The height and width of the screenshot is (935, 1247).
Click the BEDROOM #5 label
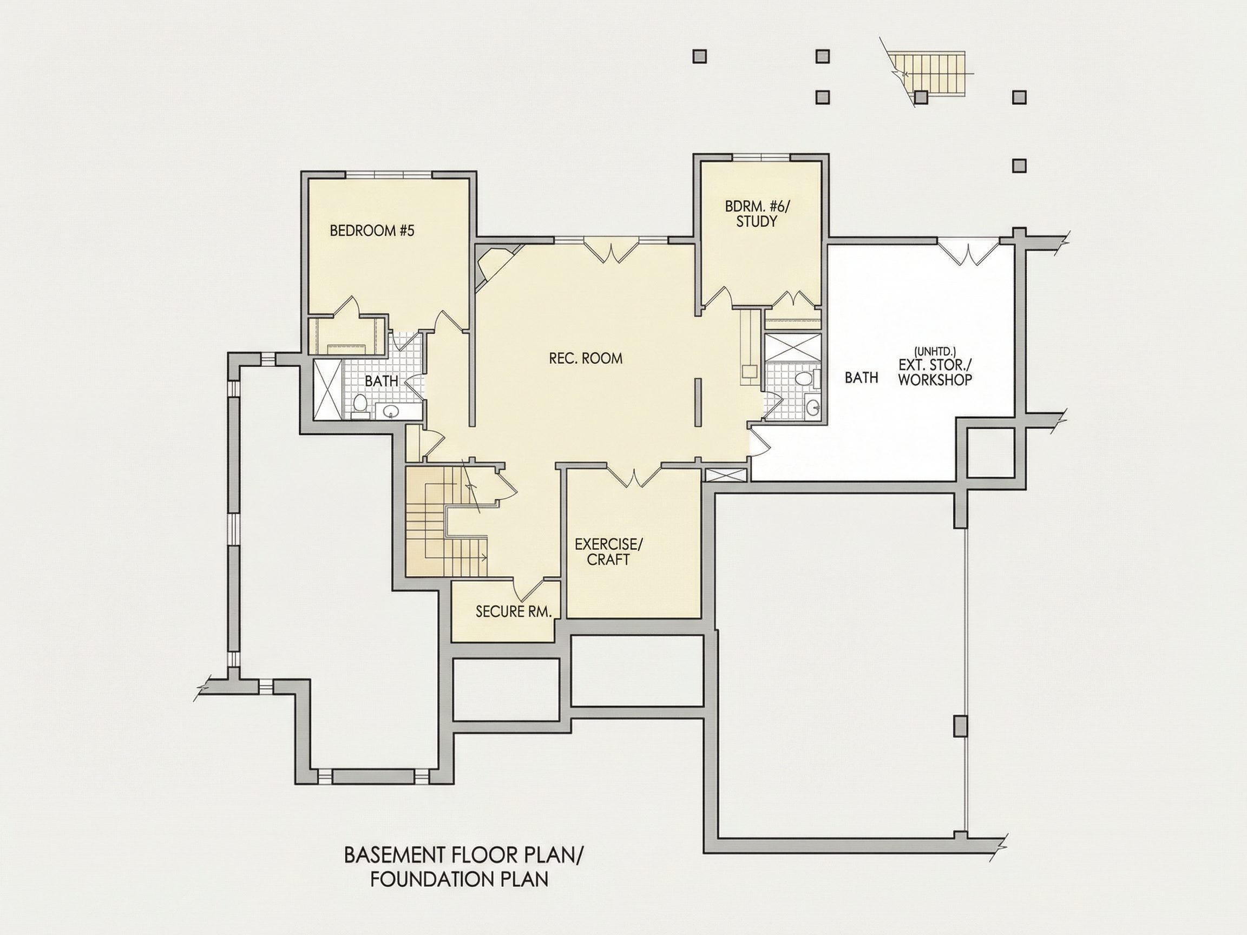coord(372,231)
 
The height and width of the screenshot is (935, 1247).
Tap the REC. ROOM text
coord(586,358)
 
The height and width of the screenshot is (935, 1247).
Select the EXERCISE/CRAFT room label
coord(608,552)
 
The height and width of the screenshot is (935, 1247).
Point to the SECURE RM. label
coord(513,612)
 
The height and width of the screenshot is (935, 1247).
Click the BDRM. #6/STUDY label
coord(758,214)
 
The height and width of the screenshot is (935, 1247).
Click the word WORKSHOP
coord(935,380)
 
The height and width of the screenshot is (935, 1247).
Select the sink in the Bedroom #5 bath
coord(390,412)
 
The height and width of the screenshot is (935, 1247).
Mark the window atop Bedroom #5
coord(389,175)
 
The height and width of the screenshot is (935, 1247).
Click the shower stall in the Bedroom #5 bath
coord(327,390)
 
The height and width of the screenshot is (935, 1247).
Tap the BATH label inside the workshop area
coord(862,378)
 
